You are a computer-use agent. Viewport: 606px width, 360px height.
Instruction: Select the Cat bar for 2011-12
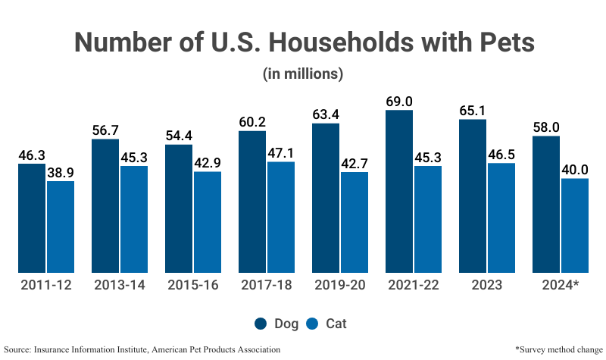(61, 227)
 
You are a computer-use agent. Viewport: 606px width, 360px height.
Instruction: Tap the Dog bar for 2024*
(546, 204)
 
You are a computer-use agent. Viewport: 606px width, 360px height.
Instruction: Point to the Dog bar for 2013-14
(105, 205)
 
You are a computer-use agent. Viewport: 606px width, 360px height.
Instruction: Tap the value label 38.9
(61, 172)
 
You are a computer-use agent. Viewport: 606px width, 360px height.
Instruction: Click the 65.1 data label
(473, 111)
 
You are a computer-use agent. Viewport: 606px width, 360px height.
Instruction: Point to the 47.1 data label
(281, 153)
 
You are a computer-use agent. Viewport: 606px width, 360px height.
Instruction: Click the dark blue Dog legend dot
(261, 324)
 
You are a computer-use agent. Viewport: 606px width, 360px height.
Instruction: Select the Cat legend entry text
(337, 324)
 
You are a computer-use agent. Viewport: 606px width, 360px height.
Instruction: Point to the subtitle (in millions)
(303, 74)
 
